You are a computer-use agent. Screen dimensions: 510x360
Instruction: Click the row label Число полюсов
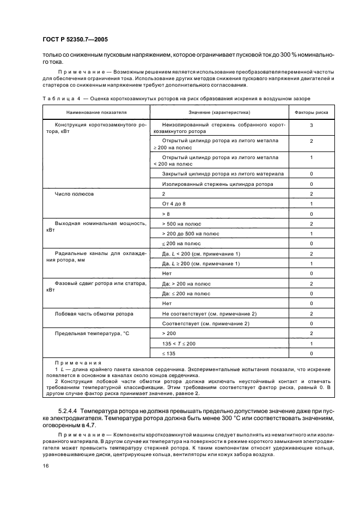click(x=75, y=194)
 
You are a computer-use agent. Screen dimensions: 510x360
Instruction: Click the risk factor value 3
click(x=310, y=125)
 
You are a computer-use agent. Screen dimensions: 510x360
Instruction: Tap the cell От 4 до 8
click(x=174, y=204)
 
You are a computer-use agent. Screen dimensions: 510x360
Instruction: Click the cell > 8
click(x=166, y=214)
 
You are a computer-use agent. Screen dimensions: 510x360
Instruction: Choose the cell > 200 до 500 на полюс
click(x=191, y=234)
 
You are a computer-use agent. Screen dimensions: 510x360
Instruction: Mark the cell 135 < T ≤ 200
click(x=179, y=343)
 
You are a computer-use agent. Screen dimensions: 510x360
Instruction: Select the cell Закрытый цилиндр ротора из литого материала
click(x=222, y=174)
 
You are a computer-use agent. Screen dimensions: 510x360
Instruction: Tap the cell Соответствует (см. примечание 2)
click(x=205, y=323)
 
